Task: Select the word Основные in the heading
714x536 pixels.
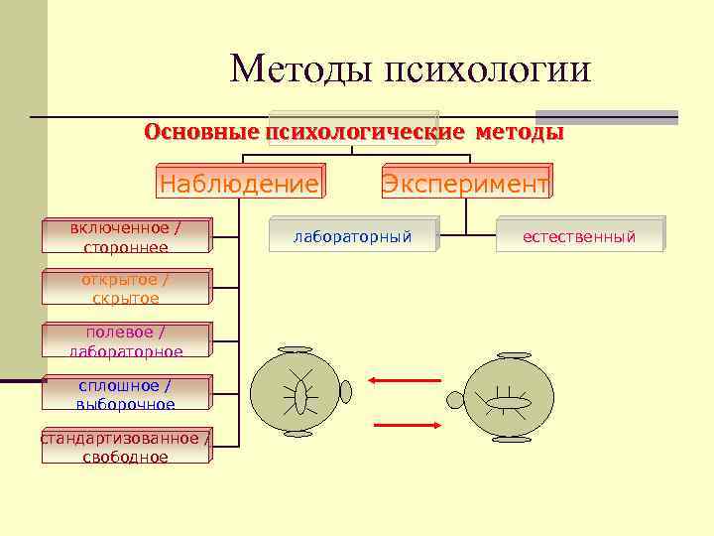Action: (201, 132)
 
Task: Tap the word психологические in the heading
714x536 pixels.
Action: (364, 132)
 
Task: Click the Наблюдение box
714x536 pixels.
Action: (239, 184)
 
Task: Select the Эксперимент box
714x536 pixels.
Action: (466, 184)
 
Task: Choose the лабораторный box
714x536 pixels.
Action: (352, 236)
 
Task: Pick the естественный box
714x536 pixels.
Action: (579, 236)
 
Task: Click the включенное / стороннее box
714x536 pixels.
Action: (126, 237)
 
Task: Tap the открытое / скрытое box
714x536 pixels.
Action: (126, 289)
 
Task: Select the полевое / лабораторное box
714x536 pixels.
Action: (126, 341)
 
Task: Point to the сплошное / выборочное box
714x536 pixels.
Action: (126, 394)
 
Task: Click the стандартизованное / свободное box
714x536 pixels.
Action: (126, 447)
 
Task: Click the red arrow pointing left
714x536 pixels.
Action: (405, 379)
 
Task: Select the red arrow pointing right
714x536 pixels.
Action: (408, 425)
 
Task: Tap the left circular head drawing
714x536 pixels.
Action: (295, 392)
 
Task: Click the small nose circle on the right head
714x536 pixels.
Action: (455, 400)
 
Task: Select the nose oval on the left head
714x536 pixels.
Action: (345, 392)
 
